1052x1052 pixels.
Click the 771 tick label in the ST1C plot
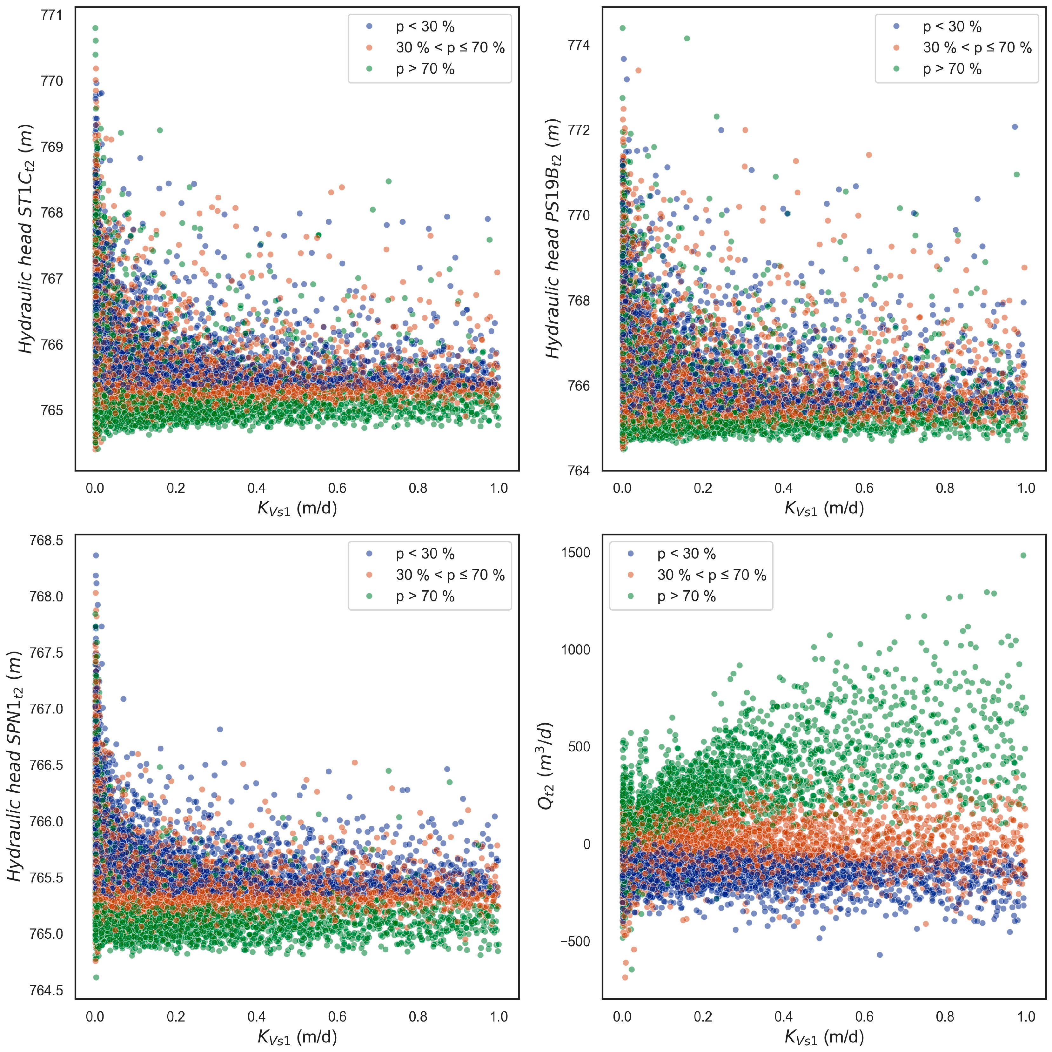point(52,15)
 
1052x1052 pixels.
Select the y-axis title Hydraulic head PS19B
point(553,238)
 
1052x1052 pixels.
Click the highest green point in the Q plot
point(1023,555)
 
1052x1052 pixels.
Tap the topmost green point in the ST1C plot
point(95,28)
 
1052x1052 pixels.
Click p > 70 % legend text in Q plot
point(686,596)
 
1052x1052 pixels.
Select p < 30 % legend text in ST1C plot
point(425,27)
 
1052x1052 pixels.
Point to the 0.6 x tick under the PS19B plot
point(864,488)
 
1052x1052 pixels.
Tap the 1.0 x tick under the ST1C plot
point(499,488)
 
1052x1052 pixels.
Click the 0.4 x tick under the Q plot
point(784,1017)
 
